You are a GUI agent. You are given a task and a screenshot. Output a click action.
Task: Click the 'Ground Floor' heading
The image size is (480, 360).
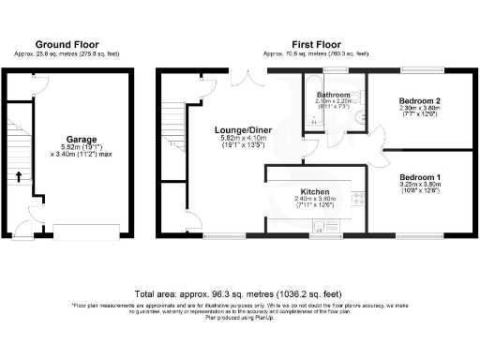pyautogui.click(x=67, y=44)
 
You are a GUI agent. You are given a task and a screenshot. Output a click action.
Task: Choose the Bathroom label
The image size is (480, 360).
pyautogui.click(x=333, y=96)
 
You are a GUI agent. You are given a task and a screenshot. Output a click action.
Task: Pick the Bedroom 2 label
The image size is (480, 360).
pyautogui.click(x=420, y=100)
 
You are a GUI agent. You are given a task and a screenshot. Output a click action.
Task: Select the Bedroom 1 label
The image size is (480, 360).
pyautogui.click(x=420, y=176)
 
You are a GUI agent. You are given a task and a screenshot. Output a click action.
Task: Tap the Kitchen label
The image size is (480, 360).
pyautogui.click(x=314, y=189)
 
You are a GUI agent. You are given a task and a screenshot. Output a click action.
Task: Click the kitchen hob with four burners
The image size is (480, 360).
pyautogui.click(x=356, y=198)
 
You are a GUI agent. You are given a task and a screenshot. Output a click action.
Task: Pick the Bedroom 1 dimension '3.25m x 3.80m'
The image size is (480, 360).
pyautogui.click(x=420, y=186)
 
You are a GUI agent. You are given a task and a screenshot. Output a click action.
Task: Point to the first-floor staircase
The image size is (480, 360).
pyautogui.click(x=174, y=128)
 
